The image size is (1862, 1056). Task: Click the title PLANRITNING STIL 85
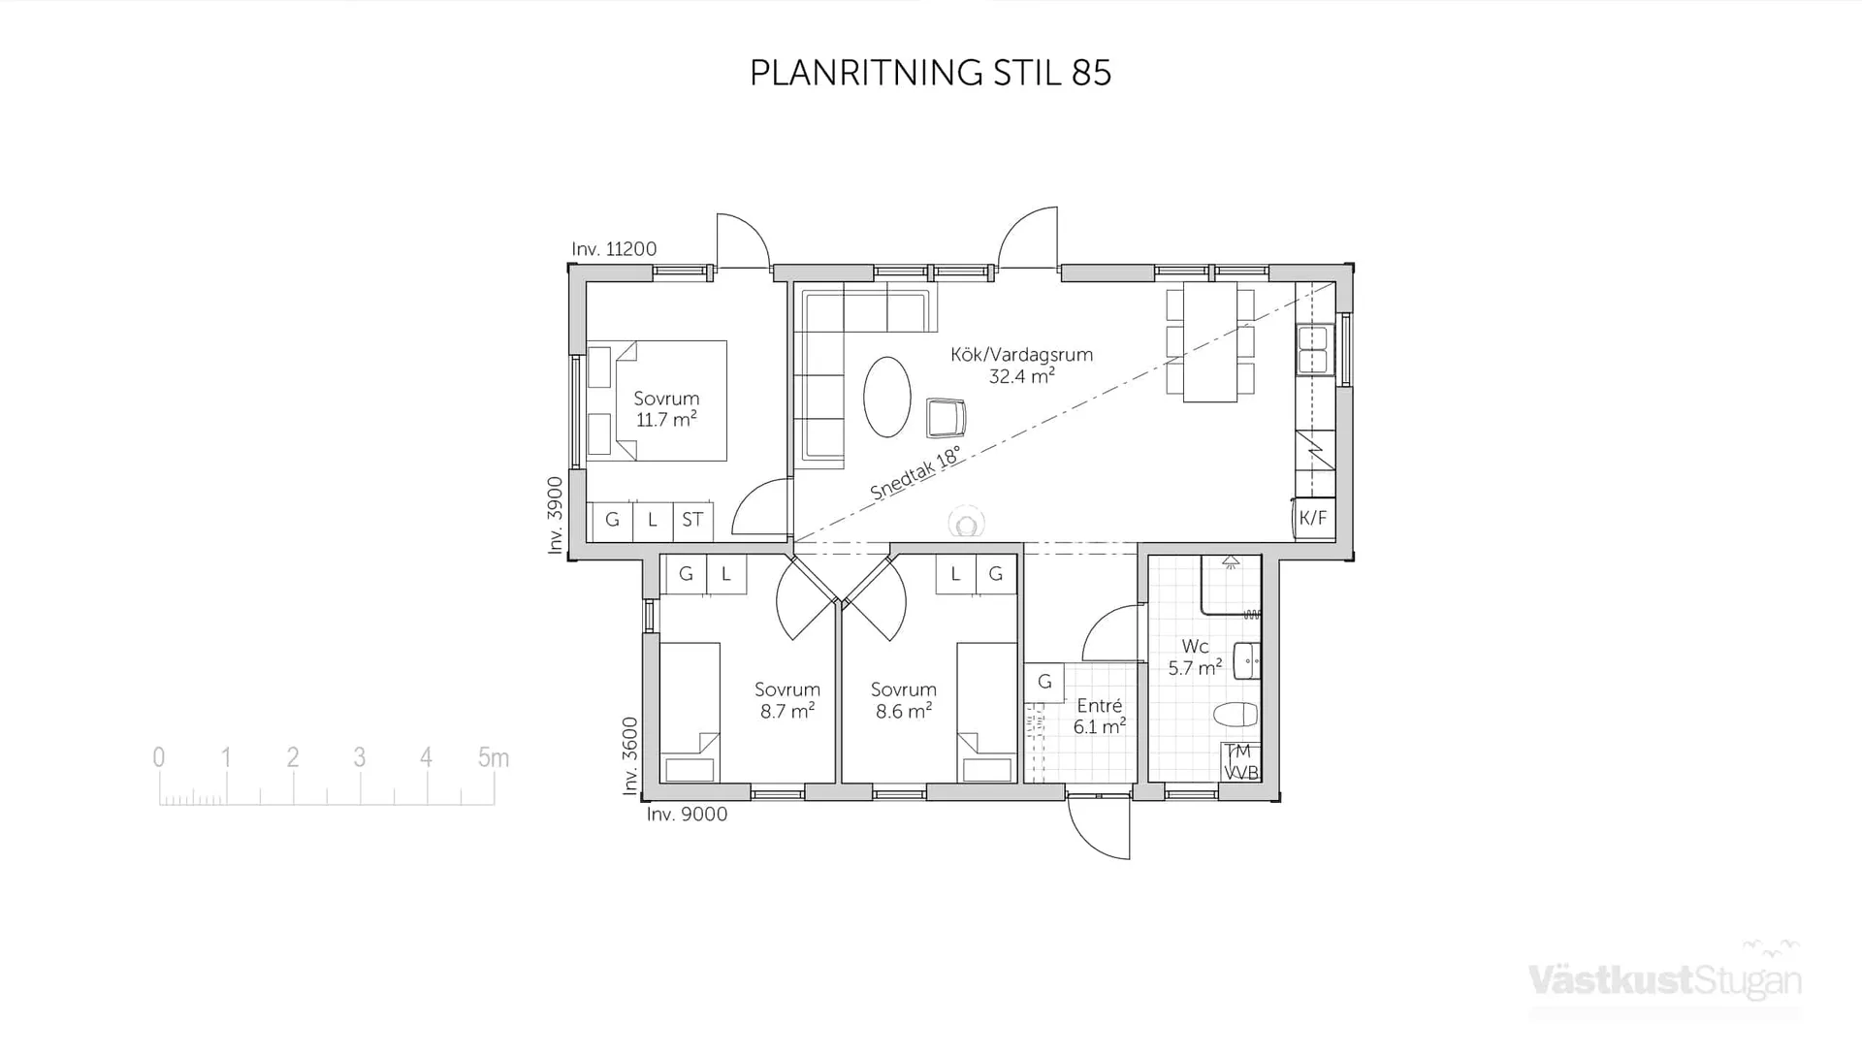[930, 73]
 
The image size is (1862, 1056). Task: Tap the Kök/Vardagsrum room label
[1021, 355]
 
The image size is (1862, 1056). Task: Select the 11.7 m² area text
[666, 420]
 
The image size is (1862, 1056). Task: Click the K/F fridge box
[1312, 518]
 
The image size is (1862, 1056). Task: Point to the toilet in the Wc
[1236, 716]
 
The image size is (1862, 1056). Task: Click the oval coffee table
[886, 398]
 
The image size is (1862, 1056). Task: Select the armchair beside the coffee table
[946, 418]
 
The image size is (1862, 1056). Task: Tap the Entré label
[1099, 706]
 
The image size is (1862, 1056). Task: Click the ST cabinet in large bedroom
[692, 521]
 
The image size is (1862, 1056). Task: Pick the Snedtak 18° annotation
[915, 473]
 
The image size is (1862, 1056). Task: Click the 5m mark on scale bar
[494, 758]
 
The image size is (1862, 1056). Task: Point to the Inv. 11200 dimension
[614, 249]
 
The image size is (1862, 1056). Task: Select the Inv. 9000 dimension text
[687, 815]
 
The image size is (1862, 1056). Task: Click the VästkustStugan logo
[1664, 980]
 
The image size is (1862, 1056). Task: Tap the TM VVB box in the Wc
[1240, 762]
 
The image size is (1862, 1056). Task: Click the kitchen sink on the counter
[1312, 350]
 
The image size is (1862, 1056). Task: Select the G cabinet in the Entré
[1044, 682]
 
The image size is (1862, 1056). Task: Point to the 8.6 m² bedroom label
[903, 712]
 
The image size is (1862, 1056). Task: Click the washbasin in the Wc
[1246, 661]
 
